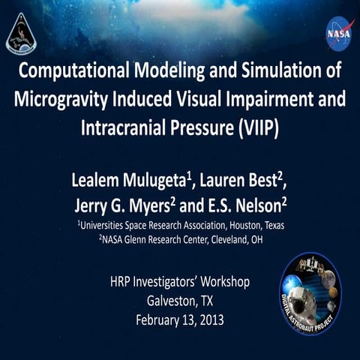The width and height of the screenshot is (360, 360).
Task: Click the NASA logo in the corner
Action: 338,34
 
